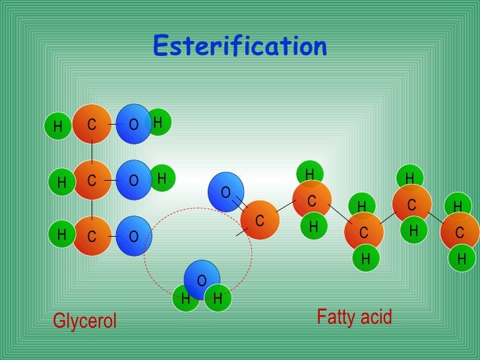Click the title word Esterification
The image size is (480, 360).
239,46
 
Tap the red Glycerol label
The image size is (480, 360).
84,321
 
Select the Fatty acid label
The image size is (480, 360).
354,317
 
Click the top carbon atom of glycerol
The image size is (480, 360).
92,124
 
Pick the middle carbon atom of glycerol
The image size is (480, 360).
92,180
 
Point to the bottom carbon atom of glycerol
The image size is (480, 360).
92,235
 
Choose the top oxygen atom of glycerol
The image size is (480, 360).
134,124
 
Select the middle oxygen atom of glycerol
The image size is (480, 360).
134,180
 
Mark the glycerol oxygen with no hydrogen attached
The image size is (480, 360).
134,235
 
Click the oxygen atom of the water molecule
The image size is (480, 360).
200,280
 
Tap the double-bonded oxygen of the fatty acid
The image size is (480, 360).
226,192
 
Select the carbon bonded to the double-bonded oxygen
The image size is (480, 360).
260,220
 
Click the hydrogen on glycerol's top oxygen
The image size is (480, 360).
158,122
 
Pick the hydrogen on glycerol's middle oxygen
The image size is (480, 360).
161,177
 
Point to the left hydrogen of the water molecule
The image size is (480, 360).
186,299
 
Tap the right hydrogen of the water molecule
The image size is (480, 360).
217,299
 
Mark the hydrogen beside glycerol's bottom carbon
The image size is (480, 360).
61,234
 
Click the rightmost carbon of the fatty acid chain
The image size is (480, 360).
460,231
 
